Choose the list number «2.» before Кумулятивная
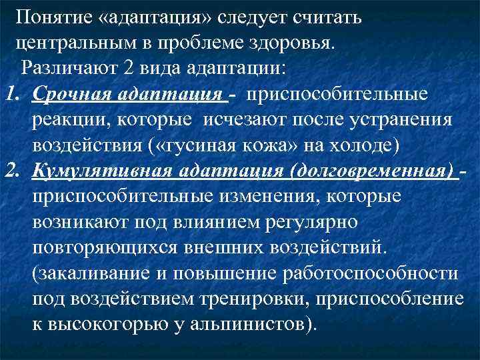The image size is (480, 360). [15, 171]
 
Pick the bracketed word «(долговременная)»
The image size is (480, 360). [371, 171]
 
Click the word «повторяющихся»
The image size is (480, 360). [99, 247]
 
